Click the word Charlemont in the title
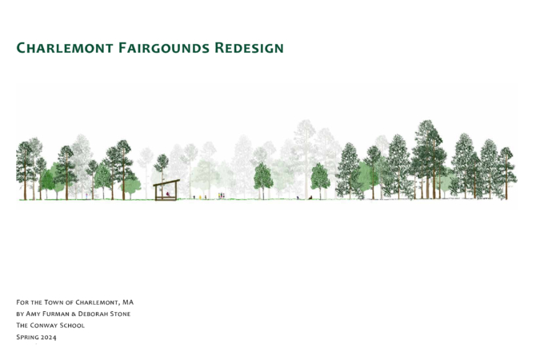[x=65, y=48]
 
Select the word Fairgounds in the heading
[x=164, y=48]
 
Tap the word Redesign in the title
[x=249, y=48]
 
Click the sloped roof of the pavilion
[x=166, y=182]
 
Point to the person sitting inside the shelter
[x=168, y=194]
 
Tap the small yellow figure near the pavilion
[x=200, y=197]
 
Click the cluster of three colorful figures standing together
[x=222, y=195]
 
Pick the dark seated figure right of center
[x=310, y=198]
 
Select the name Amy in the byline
[x=34, y=314]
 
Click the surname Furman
[x=57, y=314]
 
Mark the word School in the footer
[x=72, y=326]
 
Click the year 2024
[x=48, y=337]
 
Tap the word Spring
[x=27, y=338]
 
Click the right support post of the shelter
[x=176, y=191]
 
